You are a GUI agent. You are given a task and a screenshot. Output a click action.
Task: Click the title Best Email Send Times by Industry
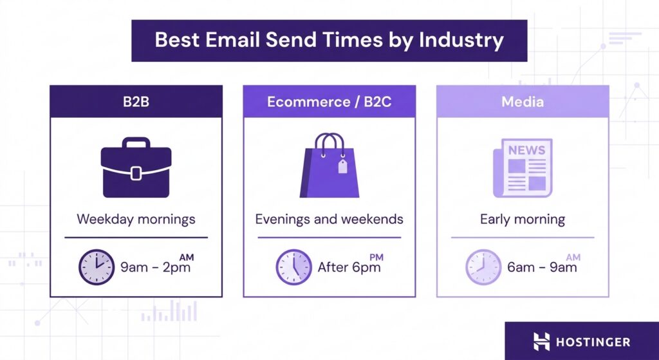tap(329, 40)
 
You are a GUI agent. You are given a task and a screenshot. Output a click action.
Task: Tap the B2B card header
tap(136, 102)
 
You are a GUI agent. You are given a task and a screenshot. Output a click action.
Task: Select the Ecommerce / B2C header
tap(329, 102)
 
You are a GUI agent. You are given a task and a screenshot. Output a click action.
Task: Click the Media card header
tap(522, 102)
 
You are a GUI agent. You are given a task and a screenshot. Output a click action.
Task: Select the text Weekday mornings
tap(136, 219)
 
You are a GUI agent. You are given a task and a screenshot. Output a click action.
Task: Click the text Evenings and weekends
tap(329, 219)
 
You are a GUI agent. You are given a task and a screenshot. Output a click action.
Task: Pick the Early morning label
tap(522, 219)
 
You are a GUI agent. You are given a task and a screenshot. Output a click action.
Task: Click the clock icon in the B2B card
tap(97, 267)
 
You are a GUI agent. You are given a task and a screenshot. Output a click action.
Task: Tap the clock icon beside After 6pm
tap(293, 267)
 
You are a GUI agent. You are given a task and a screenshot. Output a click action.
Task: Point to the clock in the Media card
tap(483, 267)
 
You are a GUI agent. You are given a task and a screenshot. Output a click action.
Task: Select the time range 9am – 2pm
tap(156, 267)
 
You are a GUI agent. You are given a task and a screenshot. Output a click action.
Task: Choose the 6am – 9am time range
tap(542, 267)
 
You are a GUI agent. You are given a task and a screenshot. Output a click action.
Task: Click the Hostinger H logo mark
tap(542, 341)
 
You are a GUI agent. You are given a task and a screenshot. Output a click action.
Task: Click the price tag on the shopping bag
tap(342, 167)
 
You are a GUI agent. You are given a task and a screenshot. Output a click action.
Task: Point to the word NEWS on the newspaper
tap(526, 150)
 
